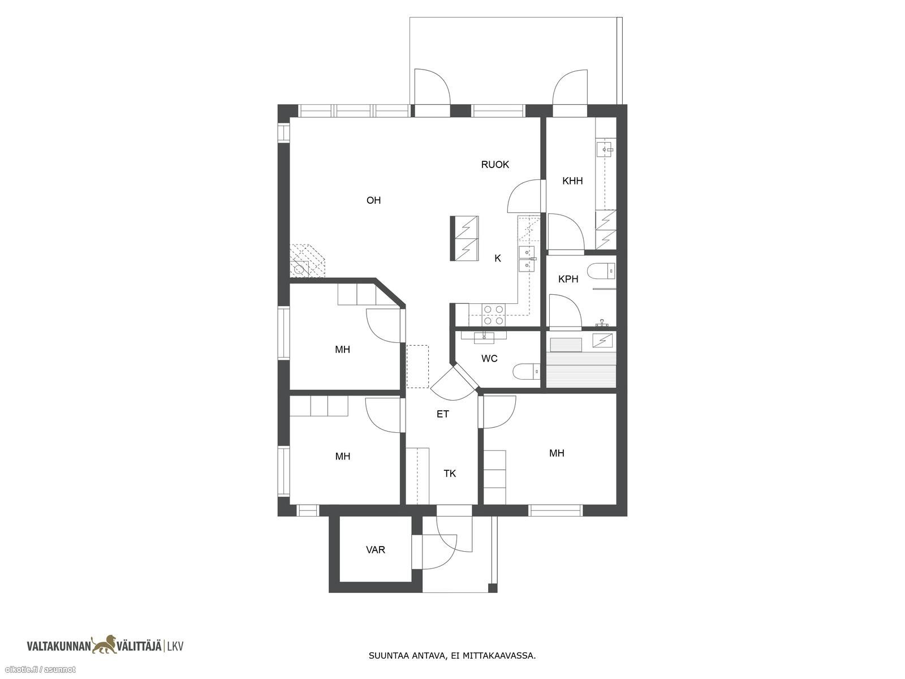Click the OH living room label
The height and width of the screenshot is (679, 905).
pos(373,200)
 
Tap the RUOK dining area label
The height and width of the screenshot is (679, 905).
pos(495,165)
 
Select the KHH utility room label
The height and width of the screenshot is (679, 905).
pos(572,181)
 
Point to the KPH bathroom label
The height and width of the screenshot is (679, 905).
pos(568,279)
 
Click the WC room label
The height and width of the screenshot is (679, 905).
pos(489,359)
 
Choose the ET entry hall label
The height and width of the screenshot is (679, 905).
pos(442,414)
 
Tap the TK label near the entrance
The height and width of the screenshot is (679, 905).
pos(450,474)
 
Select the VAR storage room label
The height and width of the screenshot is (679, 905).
pos(375,550)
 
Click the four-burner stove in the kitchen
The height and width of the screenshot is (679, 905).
pos(494,315)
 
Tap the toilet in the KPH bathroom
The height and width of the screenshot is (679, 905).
pos(602,270)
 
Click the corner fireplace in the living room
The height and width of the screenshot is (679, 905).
pos(307,261)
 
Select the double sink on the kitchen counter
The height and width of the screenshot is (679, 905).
pos(527,259)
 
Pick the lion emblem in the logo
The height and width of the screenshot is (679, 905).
pos(105,645)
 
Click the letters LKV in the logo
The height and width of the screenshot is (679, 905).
pos(175,646)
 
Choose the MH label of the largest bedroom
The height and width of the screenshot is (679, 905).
pos(556,453)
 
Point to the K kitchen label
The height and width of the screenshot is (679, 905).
pos(498,259)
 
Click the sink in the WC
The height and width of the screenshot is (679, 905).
pos(484,337)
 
